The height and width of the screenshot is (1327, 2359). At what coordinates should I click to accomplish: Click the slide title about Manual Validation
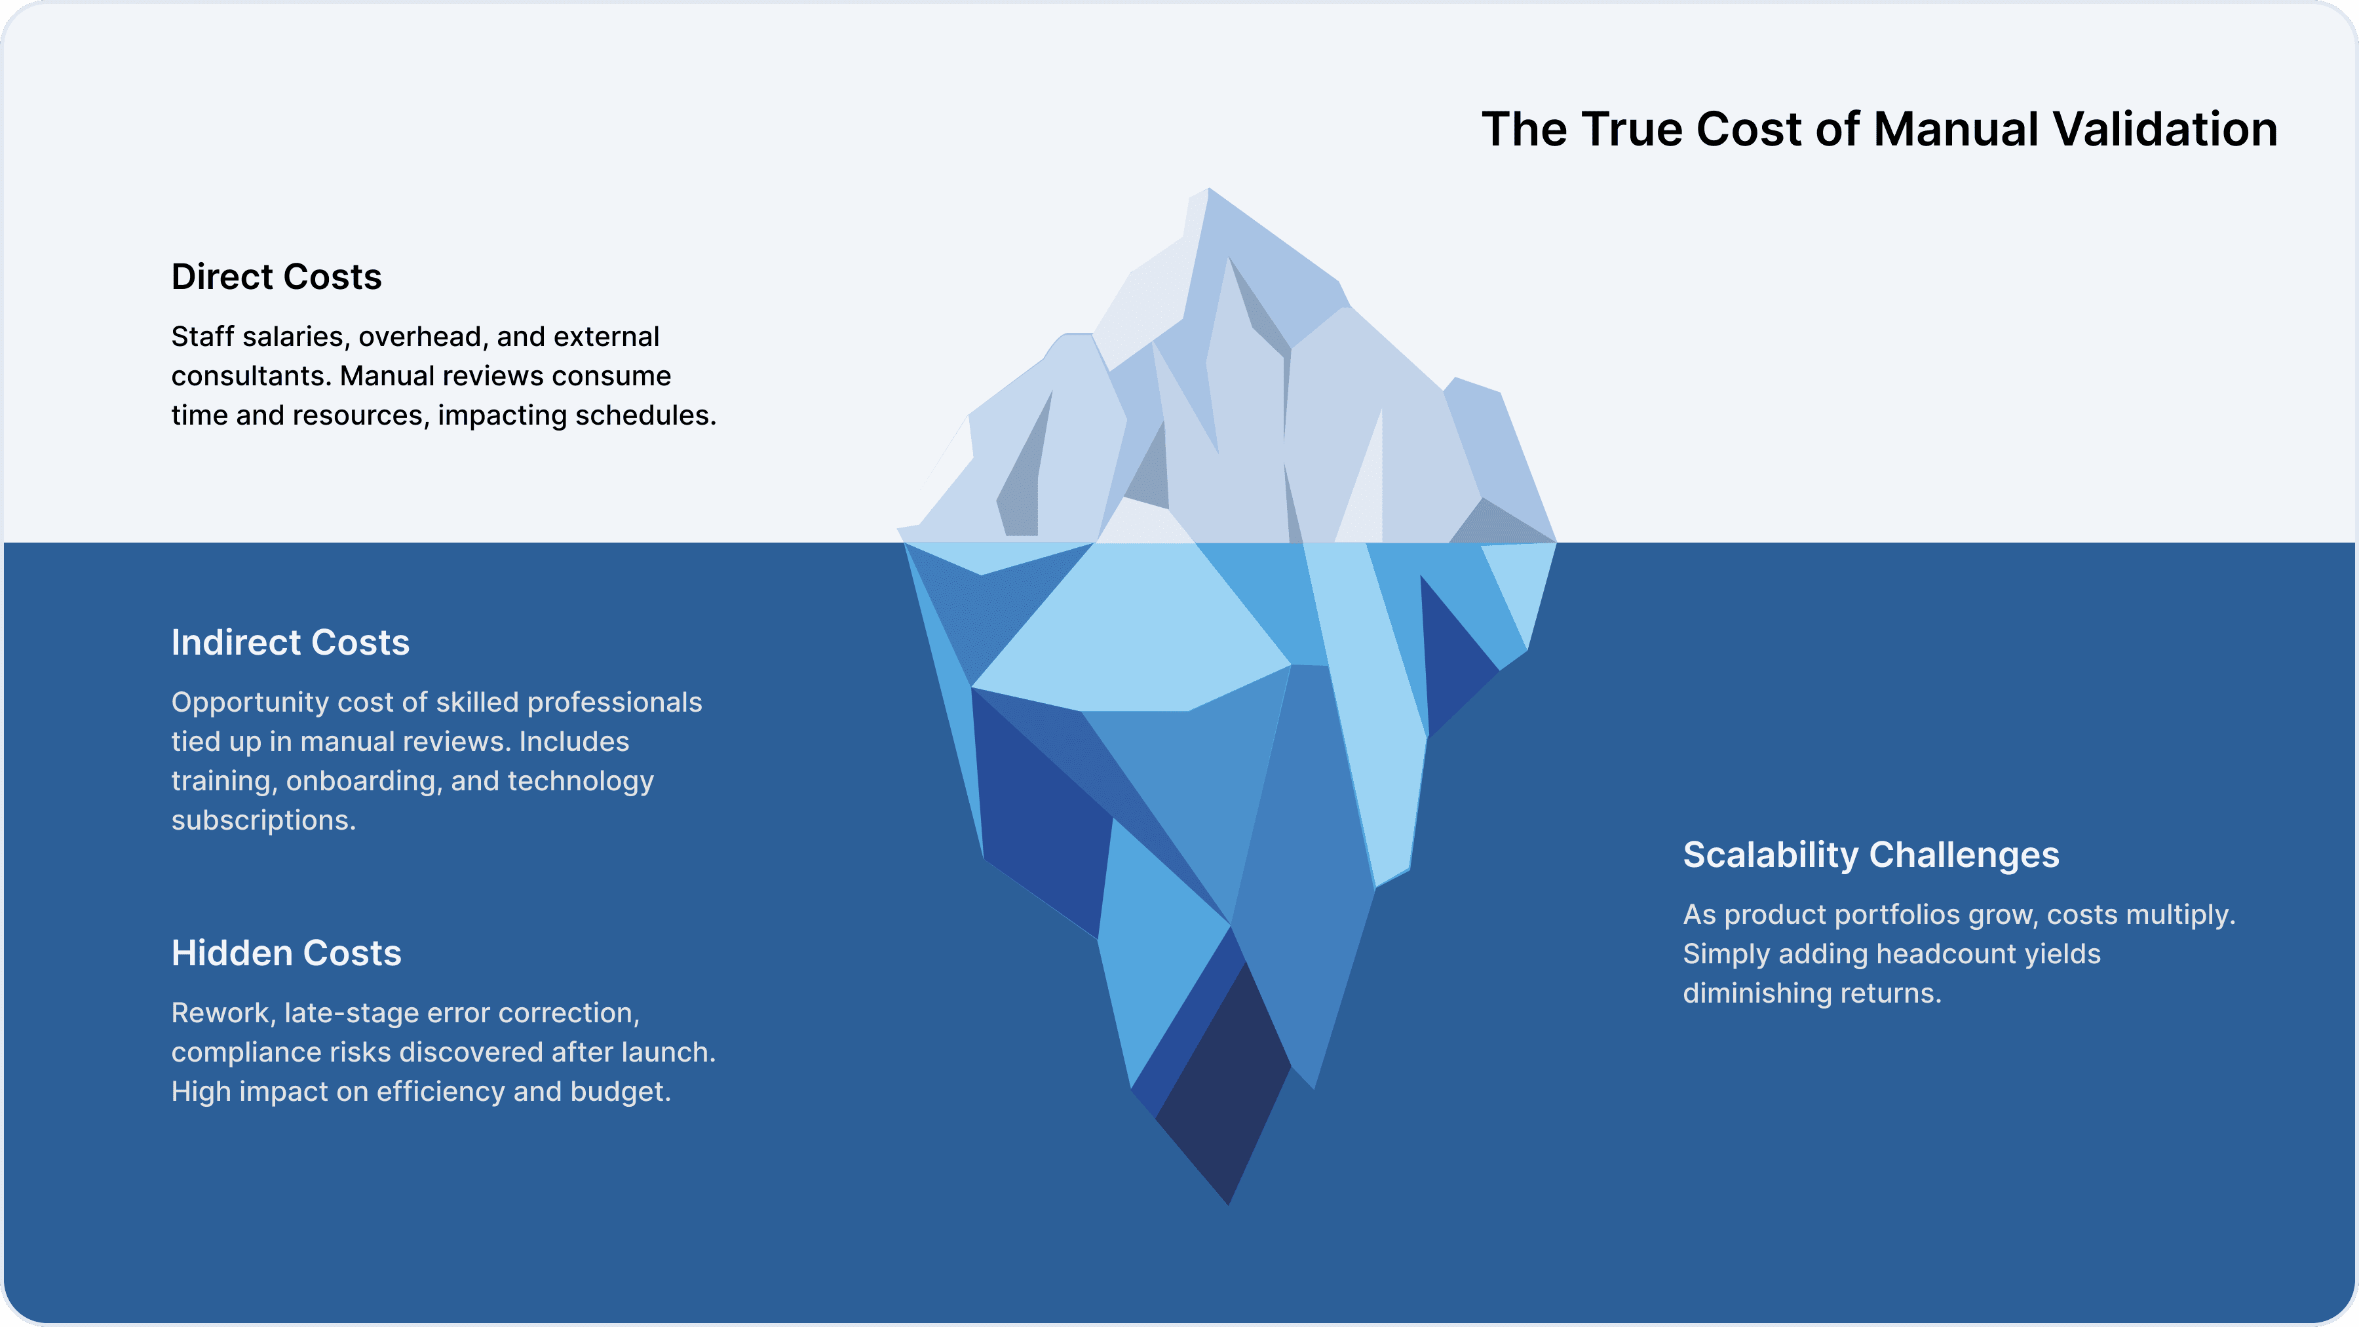pyautogui.click(x=1879, y=129)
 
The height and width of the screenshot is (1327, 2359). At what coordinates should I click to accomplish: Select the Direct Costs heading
pyautogui.click(x=276, y=277)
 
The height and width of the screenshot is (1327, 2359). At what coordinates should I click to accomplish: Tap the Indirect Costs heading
pyautogui.click(x=290, y=642)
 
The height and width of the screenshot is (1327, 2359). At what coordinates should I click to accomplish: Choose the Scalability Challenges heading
pyautogui.click(x=1871, y=855)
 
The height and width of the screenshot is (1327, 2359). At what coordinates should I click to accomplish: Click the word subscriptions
pyautogui.click(x=262, y=820)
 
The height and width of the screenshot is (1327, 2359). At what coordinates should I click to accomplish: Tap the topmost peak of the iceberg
pyautogui.click(x=1209, y=191)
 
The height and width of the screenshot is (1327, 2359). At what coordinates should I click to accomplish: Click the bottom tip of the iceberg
pyautogui.click(x=1229, y=1202)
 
